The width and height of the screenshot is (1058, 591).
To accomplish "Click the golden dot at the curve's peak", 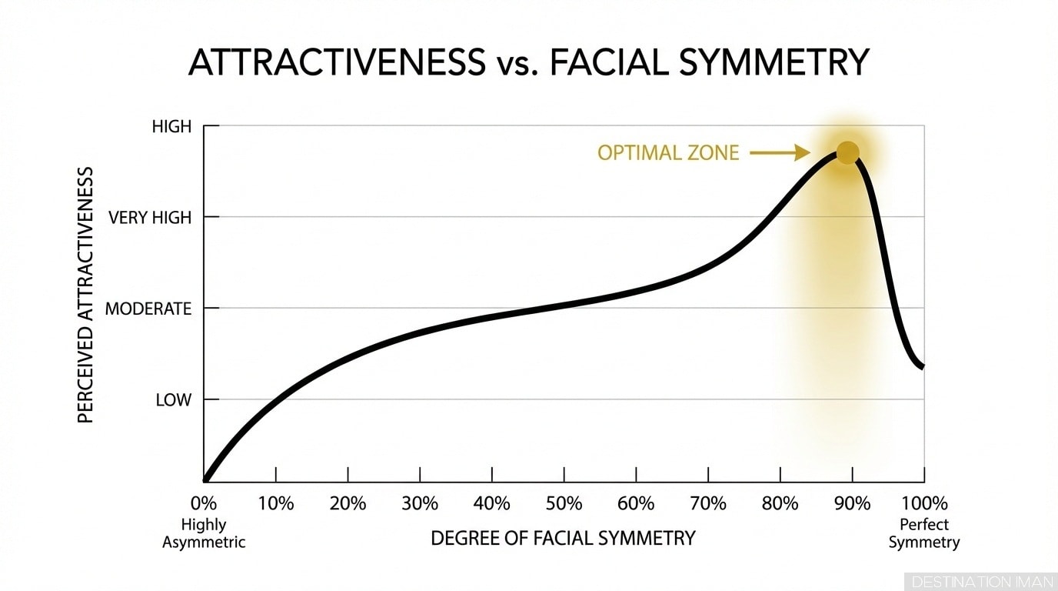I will (847, 152).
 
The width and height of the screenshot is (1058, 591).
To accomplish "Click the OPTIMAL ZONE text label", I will (667, 153).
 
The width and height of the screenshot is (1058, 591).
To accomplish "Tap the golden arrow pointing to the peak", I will (780, 153).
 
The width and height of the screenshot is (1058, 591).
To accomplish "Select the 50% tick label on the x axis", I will (564, 504).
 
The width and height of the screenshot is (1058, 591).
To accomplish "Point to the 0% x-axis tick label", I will (204, 504).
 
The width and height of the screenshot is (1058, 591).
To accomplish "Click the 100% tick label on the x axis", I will (924, 504).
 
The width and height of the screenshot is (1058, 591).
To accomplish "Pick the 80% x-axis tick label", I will (780, 504).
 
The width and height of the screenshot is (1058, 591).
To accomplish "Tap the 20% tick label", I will (348, 504).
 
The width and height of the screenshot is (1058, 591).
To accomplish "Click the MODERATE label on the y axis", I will (148, 309).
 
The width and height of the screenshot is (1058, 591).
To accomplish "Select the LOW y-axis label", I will (173, 400).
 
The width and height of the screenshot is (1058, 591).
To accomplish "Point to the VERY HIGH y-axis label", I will (150, 218).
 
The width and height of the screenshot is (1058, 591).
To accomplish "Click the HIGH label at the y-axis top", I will (171, 127).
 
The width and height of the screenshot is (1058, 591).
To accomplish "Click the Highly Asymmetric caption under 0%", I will (204, 533).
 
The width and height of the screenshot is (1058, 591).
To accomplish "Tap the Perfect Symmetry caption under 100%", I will (924, 533).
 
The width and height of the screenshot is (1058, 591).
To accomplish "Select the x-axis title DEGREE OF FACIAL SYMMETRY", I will (563, 538).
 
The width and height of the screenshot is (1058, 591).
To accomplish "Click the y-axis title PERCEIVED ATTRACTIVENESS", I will (85, 294).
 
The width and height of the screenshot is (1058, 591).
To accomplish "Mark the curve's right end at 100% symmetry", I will (922, 366).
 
